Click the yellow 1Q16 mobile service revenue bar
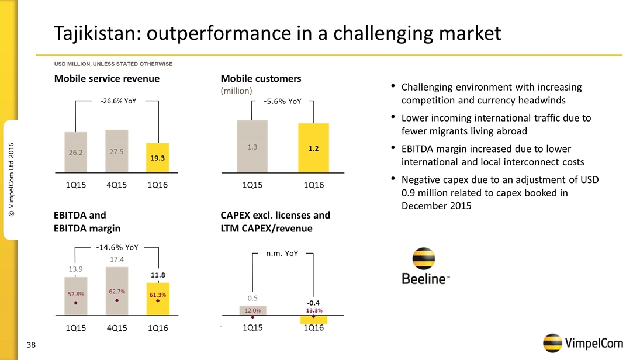(x=157, y=158)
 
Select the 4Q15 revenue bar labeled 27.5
(x=117, y=151)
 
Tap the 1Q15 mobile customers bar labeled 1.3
(x=252, y=147)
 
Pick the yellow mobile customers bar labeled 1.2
(x=313, y=148)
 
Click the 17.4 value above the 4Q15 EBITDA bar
(x=117, y=259)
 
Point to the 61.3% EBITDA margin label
(x=157, y=295)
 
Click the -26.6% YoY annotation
(x=118, y=101)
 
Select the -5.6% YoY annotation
(x=282, y=102)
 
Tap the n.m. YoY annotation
(x=282, y=254)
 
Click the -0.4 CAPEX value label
(x=313, y=303)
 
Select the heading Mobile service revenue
(x=107, y=78)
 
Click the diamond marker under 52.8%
(x=76, y=303)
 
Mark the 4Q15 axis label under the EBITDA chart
(x=117, y=328)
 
